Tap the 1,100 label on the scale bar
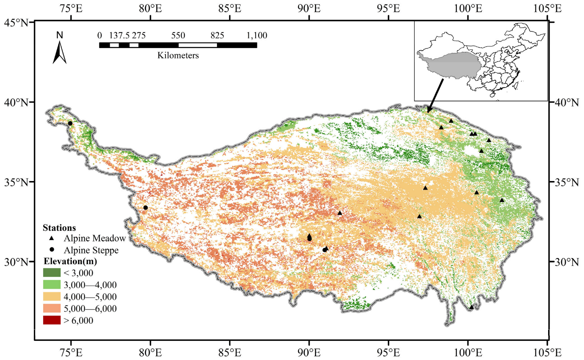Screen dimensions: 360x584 tap(257, 35)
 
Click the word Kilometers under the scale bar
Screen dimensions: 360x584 tap(178, 55)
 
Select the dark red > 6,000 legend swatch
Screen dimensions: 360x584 tap(52, 320)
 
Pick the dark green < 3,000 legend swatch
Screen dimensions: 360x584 tap(52, 273)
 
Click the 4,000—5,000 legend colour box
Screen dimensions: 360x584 tap(52, 297)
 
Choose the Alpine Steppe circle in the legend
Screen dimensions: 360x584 tap(52, 250)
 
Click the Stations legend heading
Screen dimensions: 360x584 tap(59, 228)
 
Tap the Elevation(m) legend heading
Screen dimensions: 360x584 tap(70, 261)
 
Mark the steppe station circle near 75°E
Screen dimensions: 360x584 tap(70, 123)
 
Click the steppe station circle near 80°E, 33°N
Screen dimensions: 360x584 tap(145, 208)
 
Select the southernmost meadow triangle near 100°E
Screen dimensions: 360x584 tap(471, 307)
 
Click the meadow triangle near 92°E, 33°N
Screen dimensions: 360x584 tap(340, 213)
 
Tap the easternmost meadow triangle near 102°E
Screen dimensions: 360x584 tap(502, 200)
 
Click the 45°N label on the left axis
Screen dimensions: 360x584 tap(16, 22)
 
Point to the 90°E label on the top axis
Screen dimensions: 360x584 tap(309, 9)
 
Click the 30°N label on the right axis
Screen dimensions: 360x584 tap(567, 262)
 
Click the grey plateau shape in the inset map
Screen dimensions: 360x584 tap(453, 65)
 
